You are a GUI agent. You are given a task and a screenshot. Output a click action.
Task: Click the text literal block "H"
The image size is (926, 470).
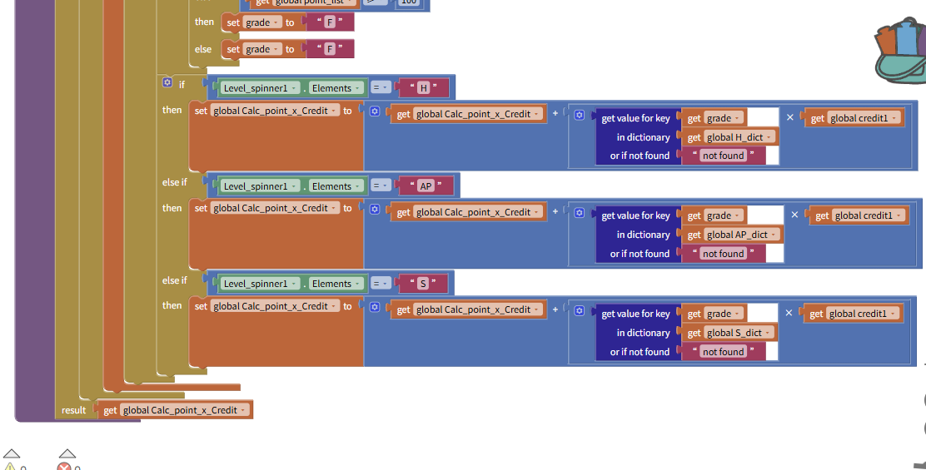tap(424, 88)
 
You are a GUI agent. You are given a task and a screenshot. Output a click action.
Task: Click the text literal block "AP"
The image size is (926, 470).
tap(426, 186)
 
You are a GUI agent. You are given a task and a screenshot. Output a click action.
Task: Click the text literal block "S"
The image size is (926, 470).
tap(422, 284)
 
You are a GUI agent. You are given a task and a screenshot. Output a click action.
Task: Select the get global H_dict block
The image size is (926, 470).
tap(730, 137)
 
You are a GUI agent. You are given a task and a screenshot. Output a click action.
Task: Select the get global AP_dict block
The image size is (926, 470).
tap(733, 235)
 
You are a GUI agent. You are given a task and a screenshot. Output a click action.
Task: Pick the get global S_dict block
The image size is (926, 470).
tap(729, 333)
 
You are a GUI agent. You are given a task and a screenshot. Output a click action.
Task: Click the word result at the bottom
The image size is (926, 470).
tap(73, 410)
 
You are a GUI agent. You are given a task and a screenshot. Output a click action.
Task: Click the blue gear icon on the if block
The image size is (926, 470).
tap(167, 83)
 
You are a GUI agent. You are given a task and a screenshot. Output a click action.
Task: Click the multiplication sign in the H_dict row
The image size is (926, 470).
tap(790, 117)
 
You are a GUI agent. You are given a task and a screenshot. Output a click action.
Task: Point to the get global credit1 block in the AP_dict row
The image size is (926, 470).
tap(858, 215)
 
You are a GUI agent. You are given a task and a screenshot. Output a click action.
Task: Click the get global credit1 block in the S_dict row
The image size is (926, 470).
tap(853, 314)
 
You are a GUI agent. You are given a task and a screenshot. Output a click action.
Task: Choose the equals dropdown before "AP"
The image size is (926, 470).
tap(381, 186)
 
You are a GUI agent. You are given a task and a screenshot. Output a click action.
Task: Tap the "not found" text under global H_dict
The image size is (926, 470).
tap(723, 156)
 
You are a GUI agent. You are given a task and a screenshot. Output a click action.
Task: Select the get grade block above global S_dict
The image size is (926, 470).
tap(714, 314)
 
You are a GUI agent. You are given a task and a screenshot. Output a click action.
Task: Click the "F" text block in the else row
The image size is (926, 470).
tap(330, 49)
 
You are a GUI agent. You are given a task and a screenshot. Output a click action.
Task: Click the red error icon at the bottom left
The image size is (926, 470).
tap(65, 467)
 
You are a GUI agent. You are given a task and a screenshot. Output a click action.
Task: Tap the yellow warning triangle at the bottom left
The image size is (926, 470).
tap(11, 467)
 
